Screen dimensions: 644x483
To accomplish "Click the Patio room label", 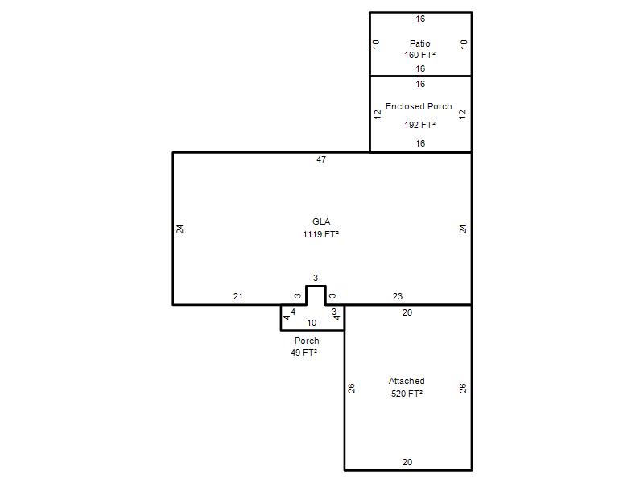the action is point(419,43).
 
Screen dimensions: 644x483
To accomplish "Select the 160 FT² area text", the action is point(419,55).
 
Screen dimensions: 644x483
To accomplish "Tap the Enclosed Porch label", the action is point(419,106).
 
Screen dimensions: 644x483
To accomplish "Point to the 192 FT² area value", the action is point(419,125).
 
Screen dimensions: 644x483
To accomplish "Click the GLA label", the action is point(321,222).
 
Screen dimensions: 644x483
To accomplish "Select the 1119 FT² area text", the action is point(320,234).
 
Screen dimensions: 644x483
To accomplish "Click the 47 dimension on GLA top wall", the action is point(321,159).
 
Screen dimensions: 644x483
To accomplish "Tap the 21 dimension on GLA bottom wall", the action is point(237,296).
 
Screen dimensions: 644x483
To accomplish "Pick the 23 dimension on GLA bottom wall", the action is point(397,296).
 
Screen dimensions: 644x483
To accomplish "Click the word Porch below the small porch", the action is point(307,341).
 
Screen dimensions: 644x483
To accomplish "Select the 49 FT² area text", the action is point(304,353).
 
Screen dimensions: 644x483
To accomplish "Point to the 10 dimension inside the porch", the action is point(312,324).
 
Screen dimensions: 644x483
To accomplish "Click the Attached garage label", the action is point(407,381).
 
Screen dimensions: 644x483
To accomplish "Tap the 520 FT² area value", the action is point(407,394).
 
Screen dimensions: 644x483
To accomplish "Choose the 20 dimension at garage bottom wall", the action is point(407,462).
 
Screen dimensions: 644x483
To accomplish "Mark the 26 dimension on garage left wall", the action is point(352,388).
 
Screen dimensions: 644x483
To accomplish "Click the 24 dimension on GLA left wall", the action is point(180,229).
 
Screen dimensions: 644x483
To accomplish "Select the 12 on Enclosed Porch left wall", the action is point(378,114).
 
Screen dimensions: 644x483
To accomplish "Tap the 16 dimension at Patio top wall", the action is point(420,19).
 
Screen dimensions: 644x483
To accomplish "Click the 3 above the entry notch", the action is point(316,278).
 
